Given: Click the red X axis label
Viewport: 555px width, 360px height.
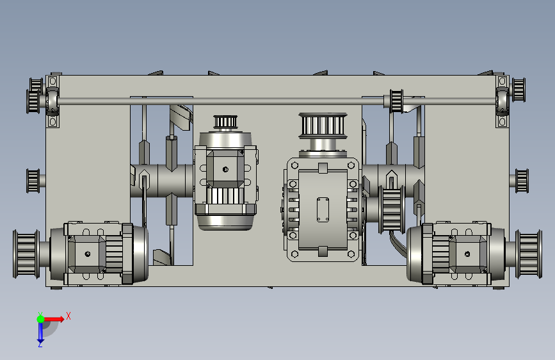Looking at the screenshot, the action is coord(68,316).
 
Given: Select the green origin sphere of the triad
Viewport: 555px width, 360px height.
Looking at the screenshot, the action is coord(40,319).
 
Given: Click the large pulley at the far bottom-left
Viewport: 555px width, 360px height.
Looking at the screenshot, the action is coord(26,254).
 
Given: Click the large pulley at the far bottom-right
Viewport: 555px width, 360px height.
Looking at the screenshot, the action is coord(529,254).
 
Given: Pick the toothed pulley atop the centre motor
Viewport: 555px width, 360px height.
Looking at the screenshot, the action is coord(225,122).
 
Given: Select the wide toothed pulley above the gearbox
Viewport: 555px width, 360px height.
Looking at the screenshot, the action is coord(323,125).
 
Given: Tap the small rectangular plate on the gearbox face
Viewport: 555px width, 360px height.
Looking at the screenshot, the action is coord(323,209).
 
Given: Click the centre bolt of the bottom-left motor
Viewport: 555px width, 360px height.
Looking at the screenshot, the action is coord(88,254).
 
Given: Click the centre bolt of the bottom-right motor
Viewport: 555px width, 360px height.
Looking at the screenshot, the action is coord(467,254).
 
